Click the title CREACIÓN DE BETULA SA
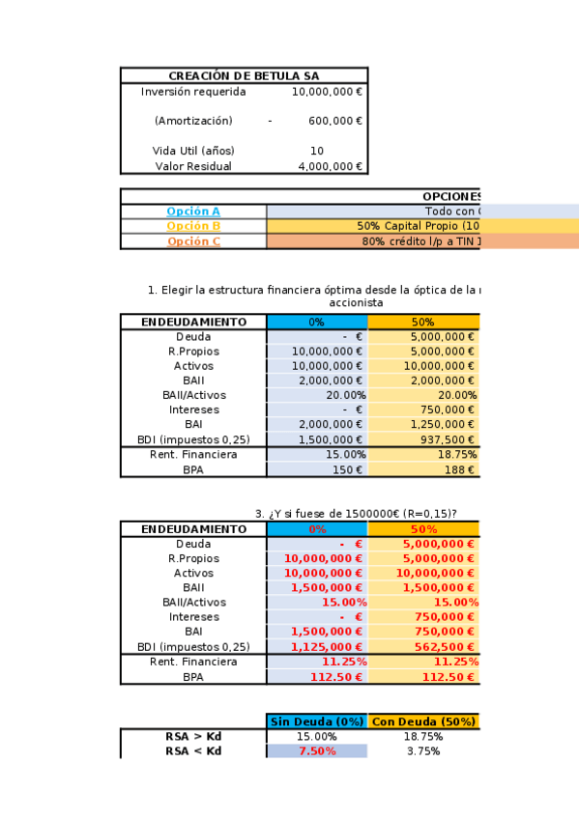(244, 76)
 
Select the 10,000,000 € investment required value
(327, 92)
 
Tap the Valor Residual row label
(193, 166)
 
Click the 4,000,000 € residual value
(330, 166)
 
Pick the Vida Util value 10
(317, 151)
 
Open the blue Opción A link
(193, 212)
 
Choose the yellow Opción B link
(193, 226)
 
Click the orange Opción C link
(193, 241)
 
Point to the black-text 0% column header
(316, 322)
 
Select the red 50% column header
(423, 529)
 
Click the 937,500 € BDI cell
(446, 439)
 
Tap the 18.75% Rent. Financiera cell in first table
(457, 454)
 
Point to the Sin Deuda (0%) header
(316, 721)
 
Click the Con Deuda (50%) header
(423, 721)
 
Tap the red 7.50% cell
(316, 750)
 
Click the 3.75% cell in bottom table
(423, 750)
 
